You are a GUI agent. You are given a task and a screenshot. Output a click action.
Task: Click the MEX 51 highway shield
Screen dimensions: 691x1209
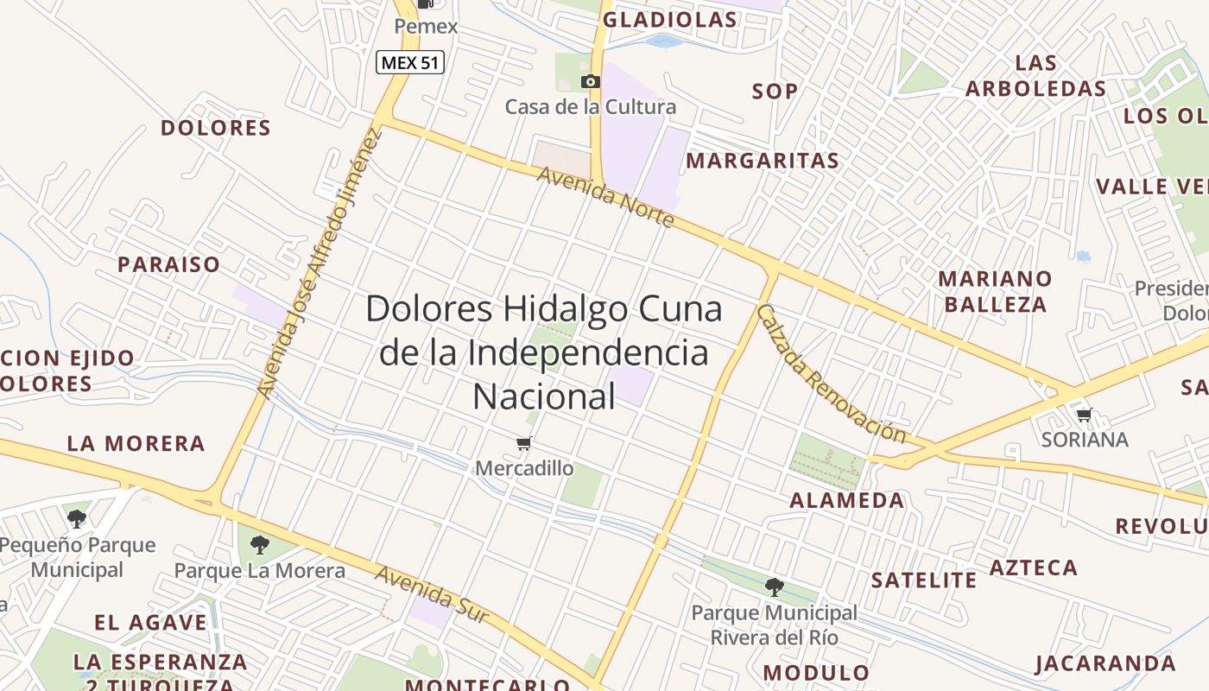pyautogui.click(x=410, y=62)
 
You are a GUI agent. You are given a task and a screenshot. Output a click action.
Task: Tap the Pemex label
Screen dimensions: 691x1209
pyautogui.click(x=426, y=27)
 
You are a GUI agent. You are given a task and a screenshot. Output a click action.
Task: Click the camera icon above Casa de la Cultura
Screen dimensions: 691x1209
pyautogui.click(x=591, y=81)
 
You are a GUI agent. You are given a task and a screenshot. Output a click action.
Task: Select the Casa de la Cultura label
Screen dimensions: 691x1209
pyautogui.click(x=591, y=107)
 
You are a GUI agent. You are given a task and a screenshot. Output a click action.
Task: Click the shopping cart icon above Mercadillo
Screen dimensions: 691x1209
pyautogui.click(x=523, y=444)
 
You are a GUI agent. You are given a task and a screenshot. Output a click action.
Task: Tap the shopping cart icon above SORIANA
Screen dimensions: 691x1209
pyautogui.click(x=1085, y=415)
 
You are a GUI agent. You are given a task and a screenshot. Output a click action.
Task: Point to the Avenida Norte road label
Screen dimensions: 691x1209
pyautogui.click(x=605, y=198)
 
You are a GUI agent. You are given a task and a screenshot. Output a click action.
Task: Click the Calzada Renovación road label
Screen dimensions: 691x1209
pyautogui.click(x=831, y=373)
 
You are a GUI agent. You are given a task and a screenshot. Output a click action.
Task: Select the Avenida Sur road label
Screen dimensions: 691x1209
pyautogui.click(x=432, y=594)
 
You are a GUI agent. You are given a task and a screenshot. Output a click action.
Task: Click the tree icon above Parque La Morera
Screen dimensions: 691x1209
pyautogui.click(x=259, y=545)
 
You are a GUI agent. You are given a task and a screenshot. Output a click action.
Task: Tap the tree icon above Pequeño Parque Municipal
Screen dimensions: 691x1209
pyautogui.click(x=77, y=519)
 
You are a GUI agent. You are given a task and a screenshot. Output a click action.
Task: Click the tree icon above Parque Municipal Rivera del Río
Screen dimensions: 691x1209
pyautogui.click(x=775, y=587)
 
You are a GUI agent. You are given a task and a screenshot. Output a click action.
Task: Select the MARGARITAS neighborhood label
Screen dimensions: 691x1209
pyautogui.click(x=763, y=161)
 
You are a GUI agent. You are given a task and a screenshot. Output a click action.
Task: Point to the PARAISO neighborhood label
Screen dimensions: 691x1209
pyautogui.click(x=169, y=264)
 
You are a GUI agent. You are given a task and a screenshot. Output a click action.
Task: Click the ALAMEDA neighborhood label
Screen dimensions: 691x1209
pyautogui.click(x=847, y=500)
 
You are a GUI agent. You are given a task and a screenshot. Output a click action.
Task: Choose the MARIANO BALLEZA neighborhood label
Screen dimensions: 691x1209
pyautogui.click(x=996, y=291)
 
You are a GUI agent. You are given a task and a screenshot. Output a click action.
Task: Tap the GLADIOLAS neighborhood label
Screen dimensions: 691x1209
pyautogui.click(x=670, y=20)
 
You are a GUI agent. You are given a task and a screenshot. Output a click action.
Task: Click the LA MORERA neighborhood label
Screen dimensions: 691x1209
pyautogui.click(x=136, y=444)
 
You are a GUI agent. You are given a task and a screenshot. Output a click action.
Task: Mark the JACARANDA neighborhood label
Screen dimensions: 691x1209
pyautogui.click(x=1105, y=663)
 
